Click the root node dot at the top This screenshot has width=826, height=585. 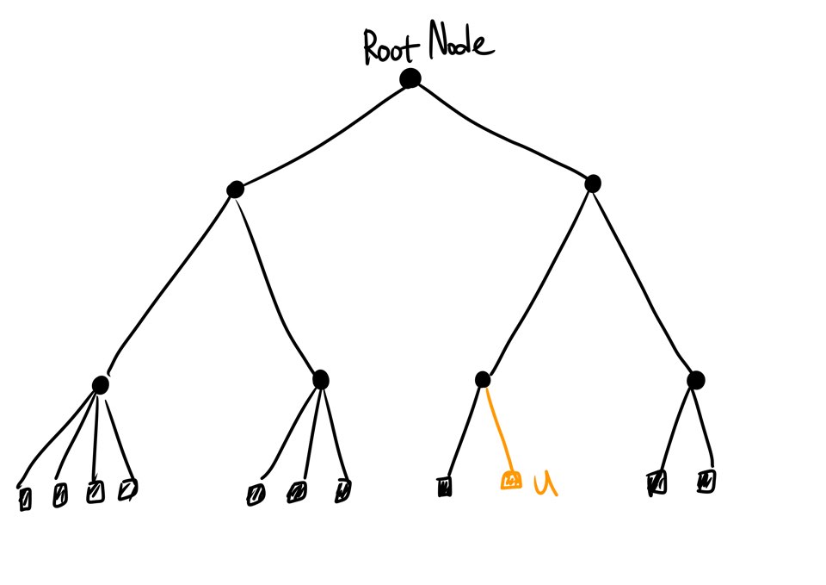coord(410,79)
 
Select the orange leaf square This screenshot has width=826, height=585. coord(510,480)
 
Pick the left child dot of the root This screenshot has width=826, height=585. coord(234,190)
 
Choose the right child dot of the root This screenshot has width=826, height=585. coord(592,184)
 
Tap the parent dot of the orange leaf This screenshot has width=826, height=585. coord(483,379)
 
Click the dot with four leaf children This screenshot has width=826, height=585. coord(100,384)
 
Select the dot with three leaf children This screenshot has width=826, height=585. coord(320,379)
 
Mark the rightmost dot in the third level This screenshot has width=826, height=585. coord(696,379)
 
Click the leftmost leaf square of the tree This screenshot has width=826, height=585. coord(25,499)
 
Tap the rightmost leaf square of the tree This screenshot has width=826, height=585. coord(706,480)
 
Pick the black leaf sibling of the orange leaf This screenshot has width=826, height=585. coord(445,488)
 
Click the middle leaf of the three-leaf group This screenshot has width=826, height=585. coord(298,492)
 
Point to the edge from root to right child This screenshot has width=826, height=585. coord(503,129)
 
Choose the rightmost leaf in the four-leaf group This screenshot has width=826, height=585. coord(128,489)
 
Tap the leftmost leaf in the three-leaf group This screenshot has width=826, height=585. coord(256,494)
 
